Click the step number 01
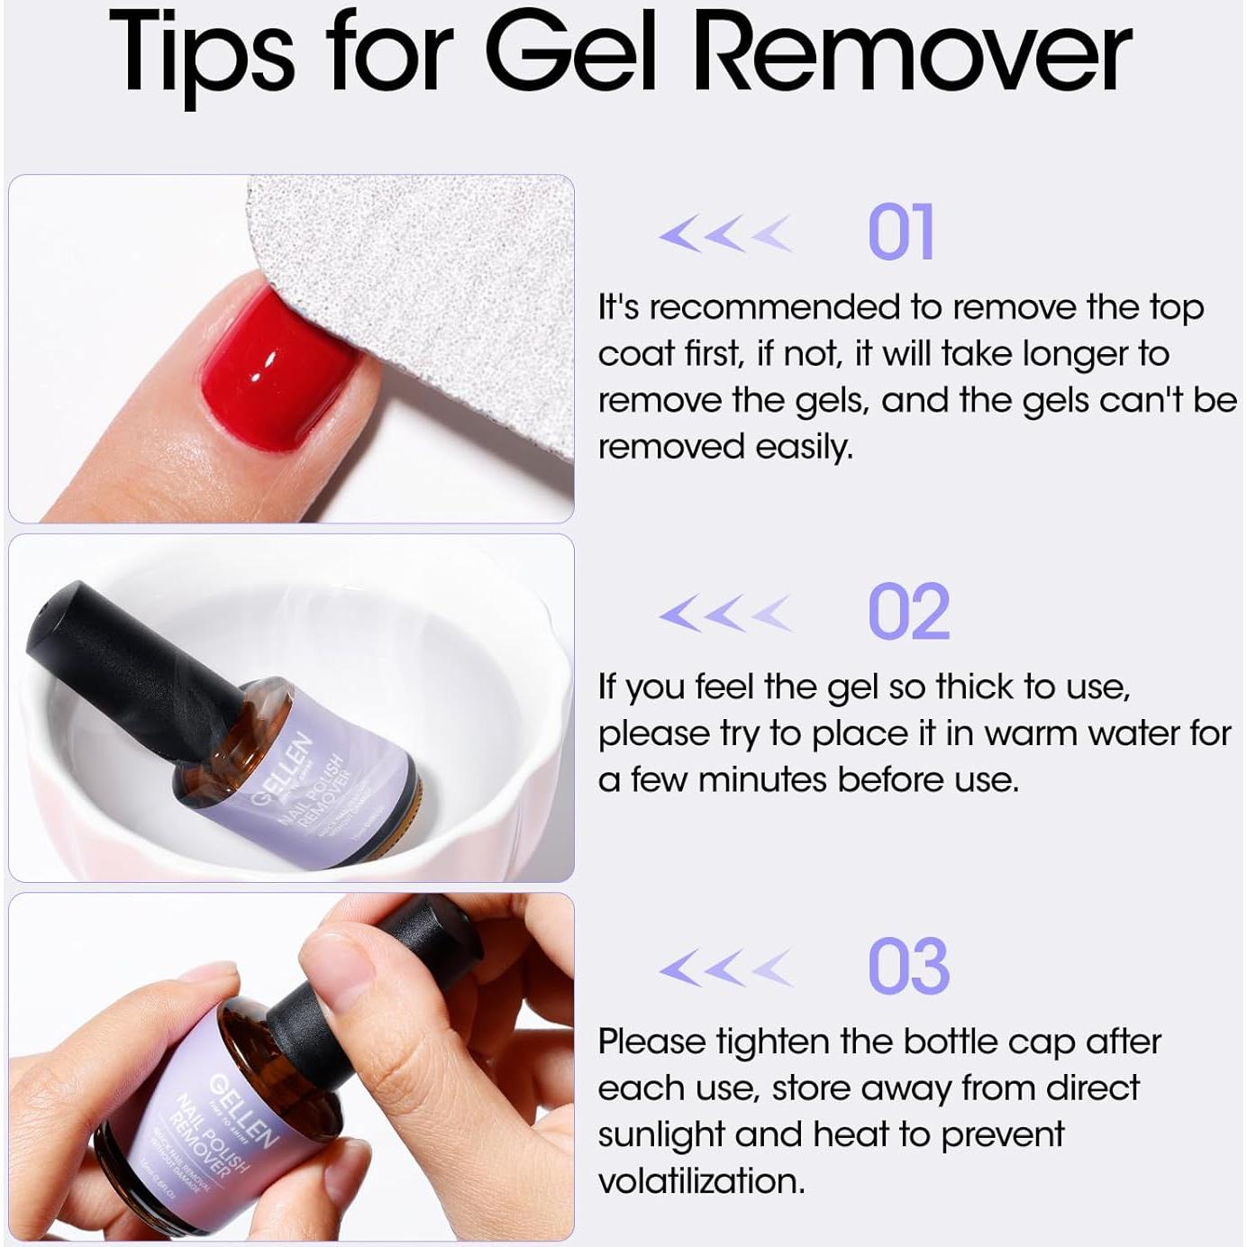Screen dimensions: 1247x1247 coord(899,232)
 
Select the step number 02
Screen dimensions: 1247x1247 coord(907,612)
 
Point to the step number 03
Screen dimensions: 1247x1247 coord(907,966)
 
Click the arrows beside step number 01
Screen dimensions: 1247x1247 coord(725,234)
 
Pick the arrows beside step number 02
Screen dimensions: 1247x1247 coord(725,614)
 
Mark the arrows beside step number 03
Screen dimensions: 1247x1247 coord(725,969)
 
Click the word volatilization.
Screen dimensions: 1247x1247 coord(701,1180)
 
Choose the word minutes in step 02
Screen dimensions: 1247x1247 coord(762,780)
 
